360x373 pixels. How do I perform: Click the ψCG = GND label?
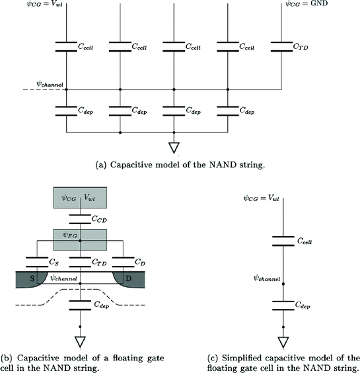308,6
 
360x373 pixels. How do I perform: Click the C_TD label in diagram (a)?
302,48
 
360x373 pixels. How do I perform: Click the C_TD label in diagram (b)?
102,263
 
